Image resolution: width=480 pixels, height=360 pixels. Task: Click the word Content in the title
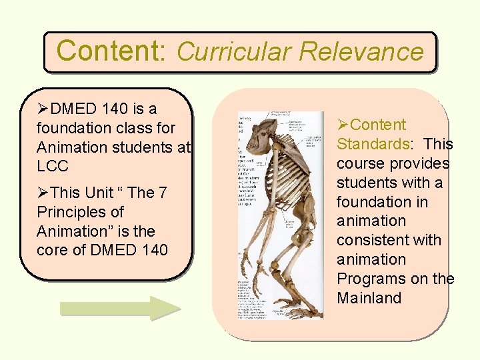[x=110, y=51]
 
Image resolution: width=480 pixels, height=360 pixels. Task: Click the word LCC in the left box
[x=53, y=166]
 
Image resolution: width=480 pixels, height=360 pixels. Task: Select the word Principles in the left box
[x=71, y=212]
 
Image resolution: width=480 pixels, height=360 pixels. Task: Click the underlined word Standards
[x=373, y=144]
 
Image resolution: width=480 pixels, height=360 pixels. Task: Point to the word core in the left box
[x=52, y=251]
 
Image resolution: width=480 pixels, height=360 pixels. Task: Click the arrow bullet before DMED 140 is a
[x=43, y=109]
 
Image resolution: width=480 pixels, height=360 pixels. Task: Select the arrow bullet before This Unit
[x=43, y=193]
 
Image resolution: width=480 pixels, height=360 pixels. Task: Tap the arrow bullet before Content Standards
[x=343, y=125]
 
